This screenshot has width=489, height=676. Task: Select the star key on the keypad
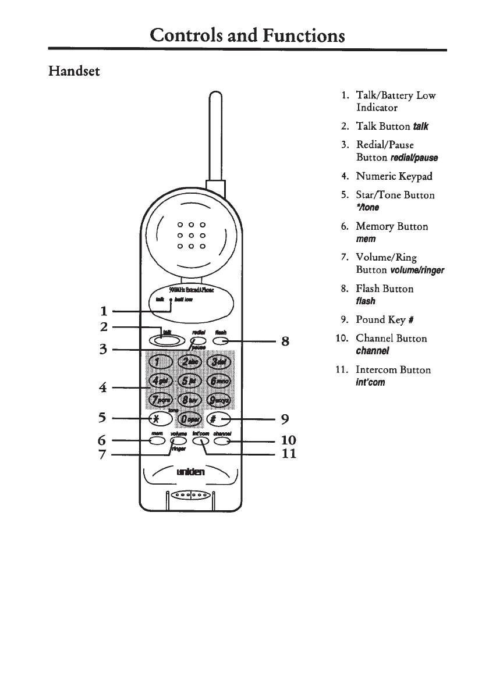click(158, 418)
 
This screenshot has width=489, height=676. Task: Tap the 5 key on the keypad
click(190, 380)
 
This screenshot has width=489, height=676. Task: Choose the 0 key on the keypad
click(190, 418)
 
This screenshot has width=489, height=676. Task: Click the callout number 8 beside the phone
click(285, 341)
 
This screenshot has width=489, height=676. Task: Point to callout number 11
click(289, 454)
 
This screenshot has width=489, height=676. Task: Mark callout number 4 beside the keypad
click(102, 387)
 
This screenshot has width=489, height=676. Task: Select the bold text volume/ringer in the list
click(417, 271)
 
